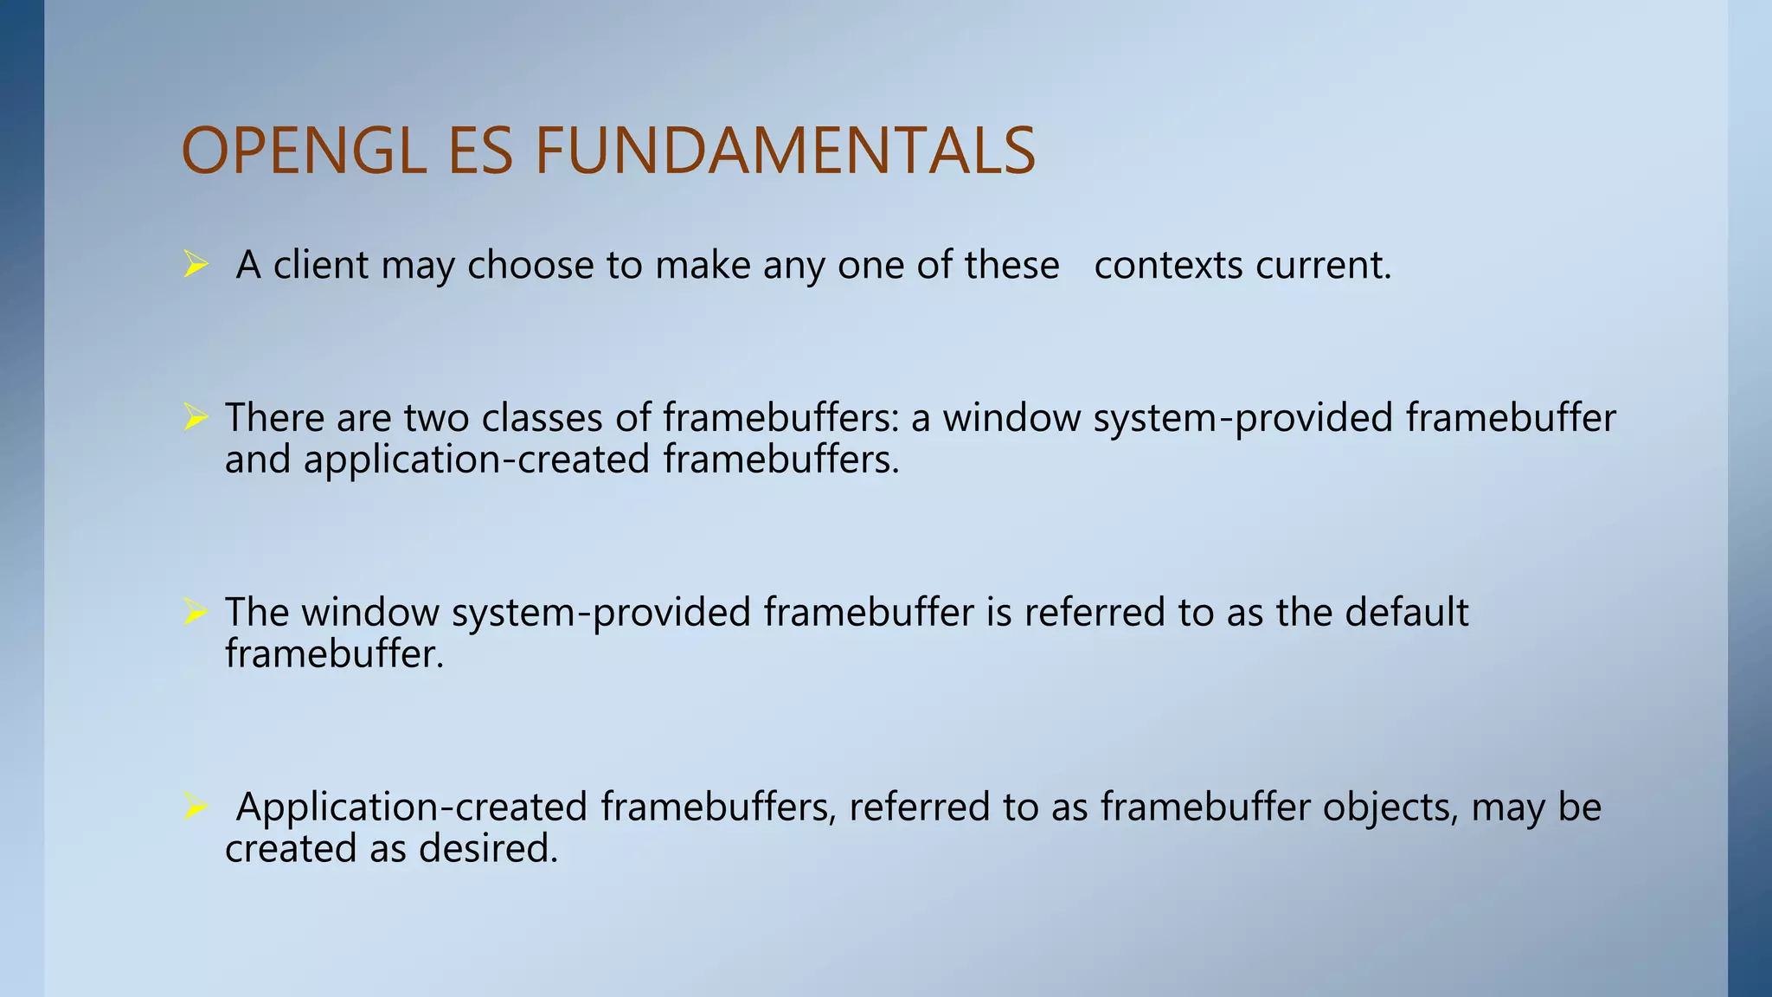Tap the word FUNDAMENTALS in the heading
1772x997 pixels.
coord(785,151)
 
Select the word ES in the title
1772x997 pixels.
coord(481,151)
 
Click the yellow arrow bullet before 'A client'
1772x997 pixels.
coord(196,265)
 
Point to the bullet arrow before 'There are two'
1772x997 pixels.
coord(196,418)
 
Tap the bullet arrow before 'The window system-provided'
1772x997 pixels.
coord(196,613)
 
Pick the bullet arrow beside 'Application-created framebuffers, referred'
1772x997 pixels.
coord(196,807)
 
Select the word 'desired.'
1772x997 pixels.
coord(488,848)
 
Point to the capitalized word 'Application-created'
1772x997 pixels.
coord(412,807)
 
